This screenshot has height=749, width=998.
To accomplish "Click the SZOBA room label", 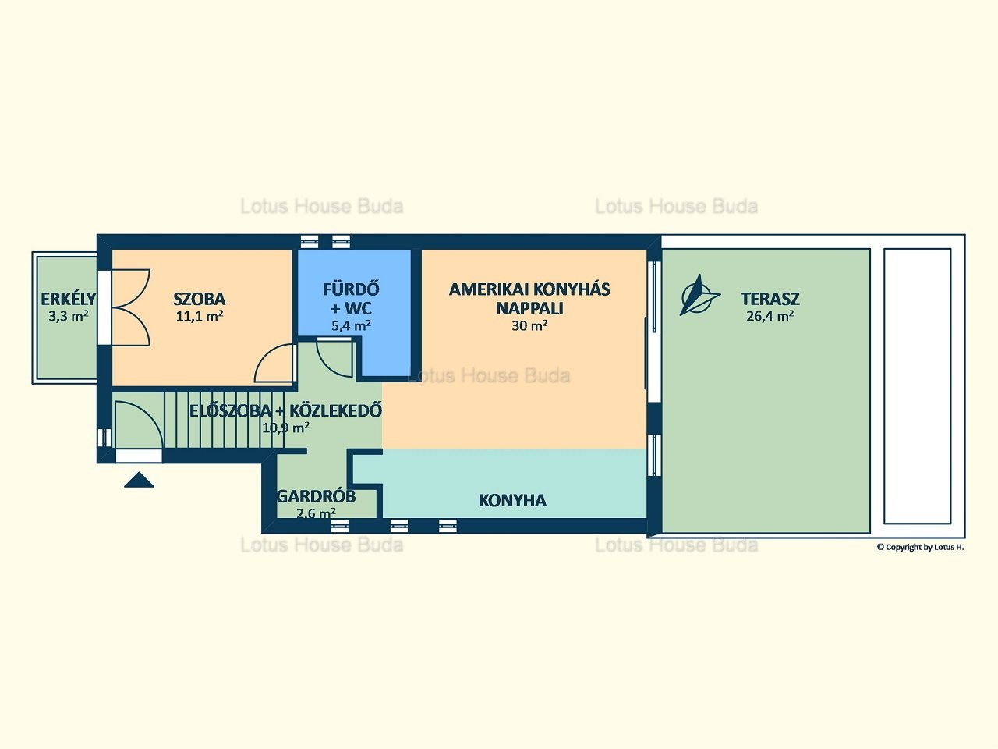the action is click(x=199, y=300).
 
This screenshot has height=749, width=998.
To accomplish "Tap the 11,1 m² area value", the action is click(x=200, y=316).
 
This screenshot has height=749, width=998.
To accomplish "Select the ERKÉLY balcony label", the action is click(x=68, y=300).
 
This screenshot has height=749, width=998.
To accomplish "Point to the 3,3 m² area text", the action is click(x=68, y=316).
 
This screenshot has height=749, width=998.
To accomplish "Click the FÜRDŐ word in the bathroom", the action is click(x=351, y=289).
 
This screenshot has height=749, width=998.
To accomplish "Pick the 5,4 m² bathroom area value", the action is click(x=351, y=325).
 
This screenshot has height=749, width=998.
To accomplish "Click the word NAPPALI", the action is click(x=529, y=308).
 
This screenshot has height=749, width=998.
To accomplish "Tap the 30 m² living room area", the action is click(x=529, y=325).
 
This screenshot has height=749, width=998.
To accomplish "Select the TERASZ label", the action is click(x=770, y=300).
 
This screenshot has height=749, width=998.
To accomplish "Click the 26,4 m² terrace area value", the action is click(x=770, y=316).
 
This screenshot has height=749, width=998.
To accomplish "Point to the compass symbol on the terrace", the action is click(x=699, y=295).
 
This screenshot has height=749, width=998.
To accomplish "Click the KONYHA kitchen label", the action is click(x=512, y=501).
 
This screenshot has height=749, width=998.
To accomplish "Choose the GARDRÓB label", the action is click(x=316, y=496).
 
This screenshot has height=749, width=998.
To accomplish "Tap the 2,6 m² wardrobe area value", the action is click(x=316, y=513).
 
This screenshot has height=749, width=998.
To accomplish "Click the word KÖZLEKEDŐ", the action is click(x=335, y=410).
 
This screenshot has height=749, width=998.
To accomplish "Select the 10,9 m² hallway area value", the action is click(x=286, y=428).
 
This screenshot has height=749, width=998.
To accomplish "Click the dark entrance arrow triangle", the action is click(x=139, y=480).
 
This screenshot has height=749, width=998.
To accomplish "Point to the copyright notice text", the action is click(x=920, y=547).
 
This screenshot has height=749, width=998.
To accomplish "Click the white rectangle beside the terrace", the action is click(x=918, y=386).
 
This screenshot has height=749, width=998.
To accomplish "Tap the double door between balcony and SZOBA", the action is click(x=131, y=307).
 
